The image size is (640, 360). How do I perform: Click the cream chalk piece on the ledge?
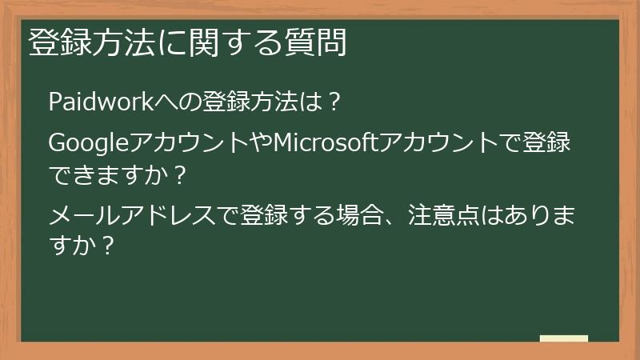tap(563, 339)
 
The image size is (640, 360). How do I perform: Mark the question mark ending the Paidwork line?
tap(336, 103)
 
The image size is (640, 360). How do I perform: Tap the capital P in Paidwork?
tap(55, 103)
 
